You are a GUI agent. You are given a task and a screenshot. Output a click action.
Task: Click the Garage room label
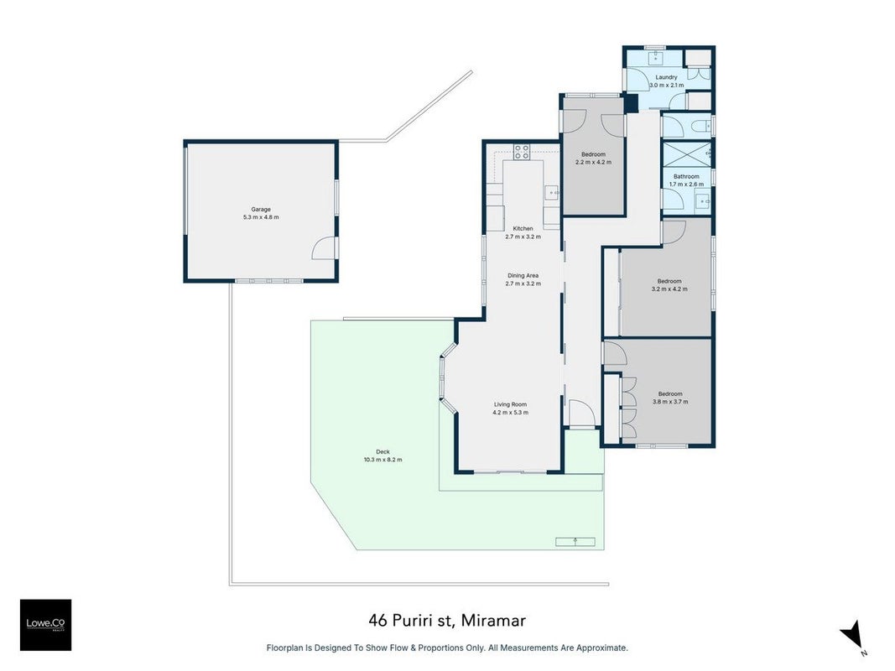point(261,210)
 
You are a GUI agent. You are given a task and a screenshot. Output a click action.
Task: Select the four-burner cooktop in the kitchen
point(521,152)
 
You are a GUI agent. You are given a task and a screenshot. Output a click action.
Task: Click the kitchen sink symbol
point(552,194)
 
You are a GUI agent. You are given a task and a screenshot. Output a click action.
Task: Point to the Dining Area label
point(523,276)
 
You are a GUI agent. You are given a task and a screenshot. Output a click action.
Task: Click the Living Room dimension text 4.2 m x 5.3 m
point(511,413)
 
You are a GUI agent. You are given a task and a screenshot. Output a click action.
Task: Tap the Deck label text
point(382,452)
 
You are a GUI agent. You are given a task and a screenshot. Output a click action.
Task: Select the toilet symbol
point(701,126)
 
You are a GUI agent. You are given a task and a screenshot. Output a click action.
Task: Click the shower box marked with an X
point(687,153)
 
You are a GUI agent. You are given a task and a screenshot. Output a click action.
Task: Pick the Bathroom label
point(686,177)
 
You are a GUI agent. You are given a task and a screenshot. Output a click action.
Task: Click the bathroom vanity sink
point(703,201)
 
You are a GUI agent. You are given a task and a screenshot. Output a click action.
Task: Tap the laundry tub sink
point(656,57)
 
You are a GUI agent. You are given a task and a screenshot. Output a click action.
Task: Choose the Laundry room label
point(666,77)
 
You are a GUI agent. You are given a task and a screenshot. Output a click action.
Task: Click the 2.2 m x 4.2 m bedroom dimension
point(594,162)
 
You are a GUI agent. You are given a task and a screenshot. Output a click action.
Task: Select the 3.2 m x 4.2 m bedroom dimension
point(669,289)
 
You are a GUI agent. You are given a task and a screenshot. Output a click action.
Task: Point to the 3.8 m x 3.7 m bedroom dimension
point(670,401)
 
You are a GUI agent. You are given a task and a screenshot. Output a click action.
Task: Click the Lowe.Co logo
point(45,625)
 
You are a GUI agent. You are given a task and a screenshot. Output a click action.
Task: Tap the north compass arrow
point(853,636)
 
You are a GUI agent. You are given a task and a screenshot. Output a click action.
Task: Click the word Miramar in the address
point(493,620)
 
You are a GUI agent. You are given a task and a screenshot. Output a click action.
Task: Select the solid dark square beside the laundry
point(631,104)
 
